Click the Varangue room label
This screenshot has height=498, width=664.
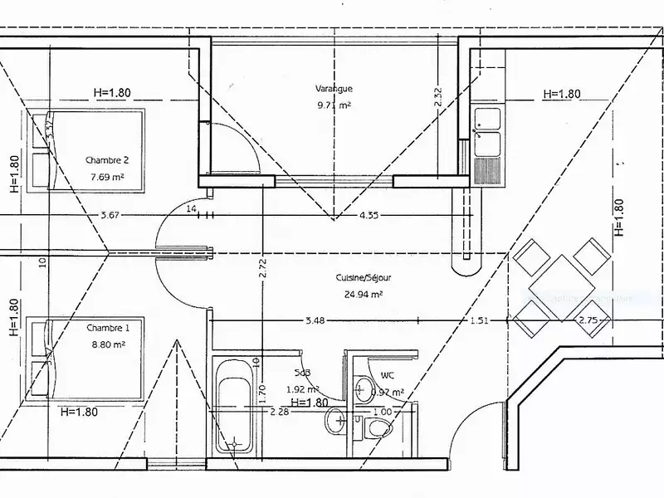pyautogui.click(x=334, y=88)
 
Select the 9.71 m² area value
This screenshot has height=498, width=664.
pyautogui.click(x=334, y=105)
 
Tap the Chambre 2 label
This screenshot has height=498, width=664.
pyautogui.click(x=106, y=160)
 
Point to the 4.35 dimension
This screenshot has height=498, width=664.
pyautogui.click(x=370, y=216)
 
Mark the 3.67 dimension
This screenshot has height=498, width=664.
pyautogui.click(x=110, y=216)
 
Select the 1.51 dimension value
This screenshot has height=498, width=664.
pyautogui.click(x=480, y=320)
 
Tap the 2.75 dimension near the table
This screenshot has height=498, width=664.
pyautogui.click(x=588, y=320)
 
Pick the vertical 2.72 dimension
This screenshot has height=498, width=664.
pyautogui.click(x=262, y=267)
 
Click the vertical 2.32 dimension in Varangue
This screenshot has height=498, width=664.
pyautogui.click(x=438, y=98)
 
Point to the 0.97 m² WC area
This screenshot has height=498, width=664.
pyautogui.click(x=388, y=392)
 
